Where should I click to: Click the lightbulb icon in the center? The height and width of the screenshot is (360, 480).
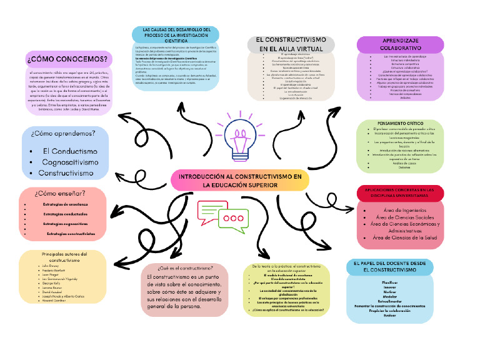pos(241,139)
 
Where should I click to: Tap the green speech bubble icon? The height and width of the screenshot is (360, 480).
pos(211,211)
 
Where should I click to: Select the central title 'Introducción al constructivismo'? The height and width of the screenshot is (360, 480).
pos(239,181)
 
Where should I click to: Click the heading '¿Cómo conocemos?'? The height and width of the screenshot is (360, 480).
pos(67,60)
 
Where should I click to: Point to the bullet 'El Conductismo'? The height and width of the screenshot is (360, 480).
pos(69,152)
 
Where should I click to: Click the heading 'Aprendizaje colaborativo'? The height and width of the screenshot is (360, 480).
pos(401,44)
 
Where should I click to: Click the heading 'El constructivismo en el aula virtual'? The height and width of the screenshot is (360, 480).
pos(291,44)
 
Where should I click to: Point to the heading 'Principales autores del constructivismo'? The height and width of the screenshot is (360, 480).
pos(65,257)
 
